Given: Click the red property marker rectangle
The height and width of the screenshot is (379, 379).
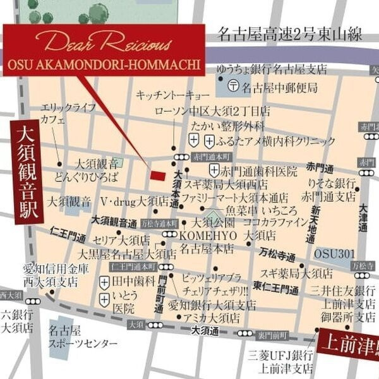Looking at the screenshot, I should (156, 175).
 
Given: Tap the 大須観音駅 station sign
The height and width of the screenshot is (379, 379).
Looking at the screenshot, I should (24, 171).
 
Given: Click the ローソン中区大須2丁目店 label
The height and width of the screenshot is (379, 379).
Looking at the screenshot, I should (203, 111).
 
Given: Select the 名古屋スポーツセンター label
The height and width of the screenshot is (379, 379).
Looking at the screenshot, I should (83, 337).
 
